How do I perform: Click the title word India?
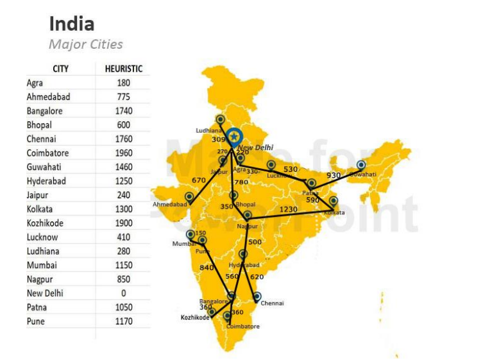pyautogui.click(x=72, y=24)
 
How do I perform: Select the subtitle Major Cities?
pyautogui.click(x=85, y=45)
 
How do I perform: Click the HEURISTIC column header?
pyautogui.click(x=124, y=69)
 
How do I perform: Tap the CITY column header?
pyautogui.click(x=61, y=69)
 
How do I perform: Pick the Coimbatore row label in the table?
pyautogui.click(x=47, y=153)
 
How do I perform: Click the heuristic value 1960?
pyautogui.click(x=124, y=153)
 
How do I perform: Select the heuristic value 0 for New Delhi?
pyautogui.click(x=124, y=293)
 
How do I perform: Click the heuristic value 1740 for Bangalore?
pyautogui.click(x=124, y=111)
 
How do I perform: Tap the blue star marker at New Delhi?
pyautogui.click(x=234, y=136)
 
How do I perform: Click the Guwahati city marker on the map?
pyautogui.click(x=361, y=165)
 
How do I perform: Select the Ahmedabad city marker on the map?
pyautogui.click(x=189, y=196)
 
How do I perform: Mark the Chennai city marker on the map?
pyautogui.click(x=257, y=296)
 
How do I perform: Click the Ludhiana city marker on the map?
pyautogui.click(x=220, y=119)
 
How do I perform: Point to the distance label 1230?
pyautogui.click(x=288, y=209)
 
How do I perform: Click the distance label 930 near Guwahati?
pyautogui.click(x=334, y=175)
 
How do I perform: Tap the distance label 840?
pyautogui.click(x=207, y=268)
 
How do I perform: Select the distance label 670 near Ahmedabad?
pyautogui.click(x=199, y=180)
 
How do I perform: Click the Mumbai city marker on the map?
pyautogui.click(x=190, y=234)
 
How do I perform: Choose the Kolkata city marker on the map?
pyautogui.click(x=333, y=201)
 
